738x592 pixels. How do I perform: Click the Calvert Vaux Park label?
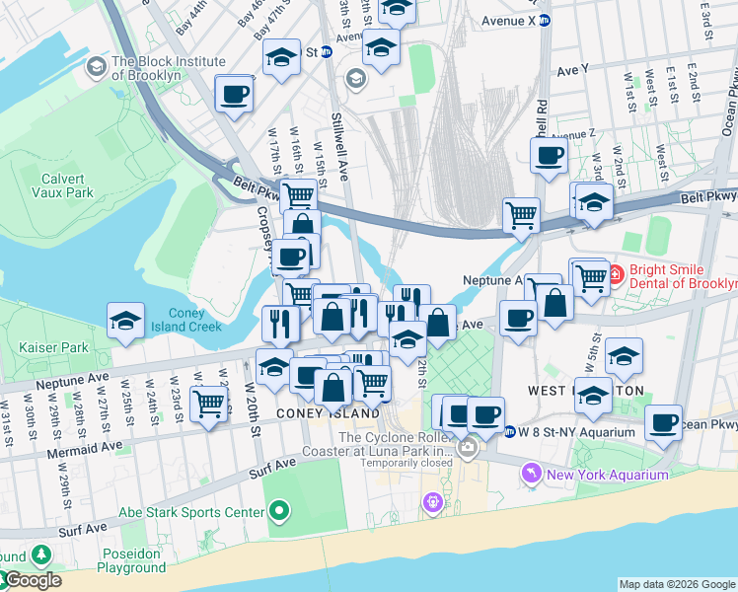point(67,185)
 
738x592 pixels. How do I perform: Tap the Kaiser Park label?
point(52,347)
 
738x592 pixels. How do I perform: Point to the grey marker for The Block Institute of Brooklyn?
point(96,67)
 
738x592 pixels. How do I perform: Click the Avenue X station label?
point(508,20)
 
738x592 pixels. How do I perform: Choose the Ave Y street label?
point(572,70)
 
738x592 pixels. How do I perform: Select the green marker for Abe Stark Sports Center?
point(280,511)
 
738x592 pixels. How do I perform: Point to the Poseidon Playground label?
point(131,560)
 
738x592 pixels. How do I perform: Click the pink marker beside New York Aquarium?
point(534,475)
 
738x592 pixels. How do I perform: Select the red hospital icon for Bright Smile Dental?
point(614,272)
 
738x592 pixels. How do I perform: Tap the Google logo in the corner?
point(32,580)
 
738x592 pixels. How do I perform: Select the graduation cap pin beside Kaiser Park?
point(126,321)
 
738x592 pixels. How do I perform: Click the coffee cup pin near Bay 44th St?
point(235,94)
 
